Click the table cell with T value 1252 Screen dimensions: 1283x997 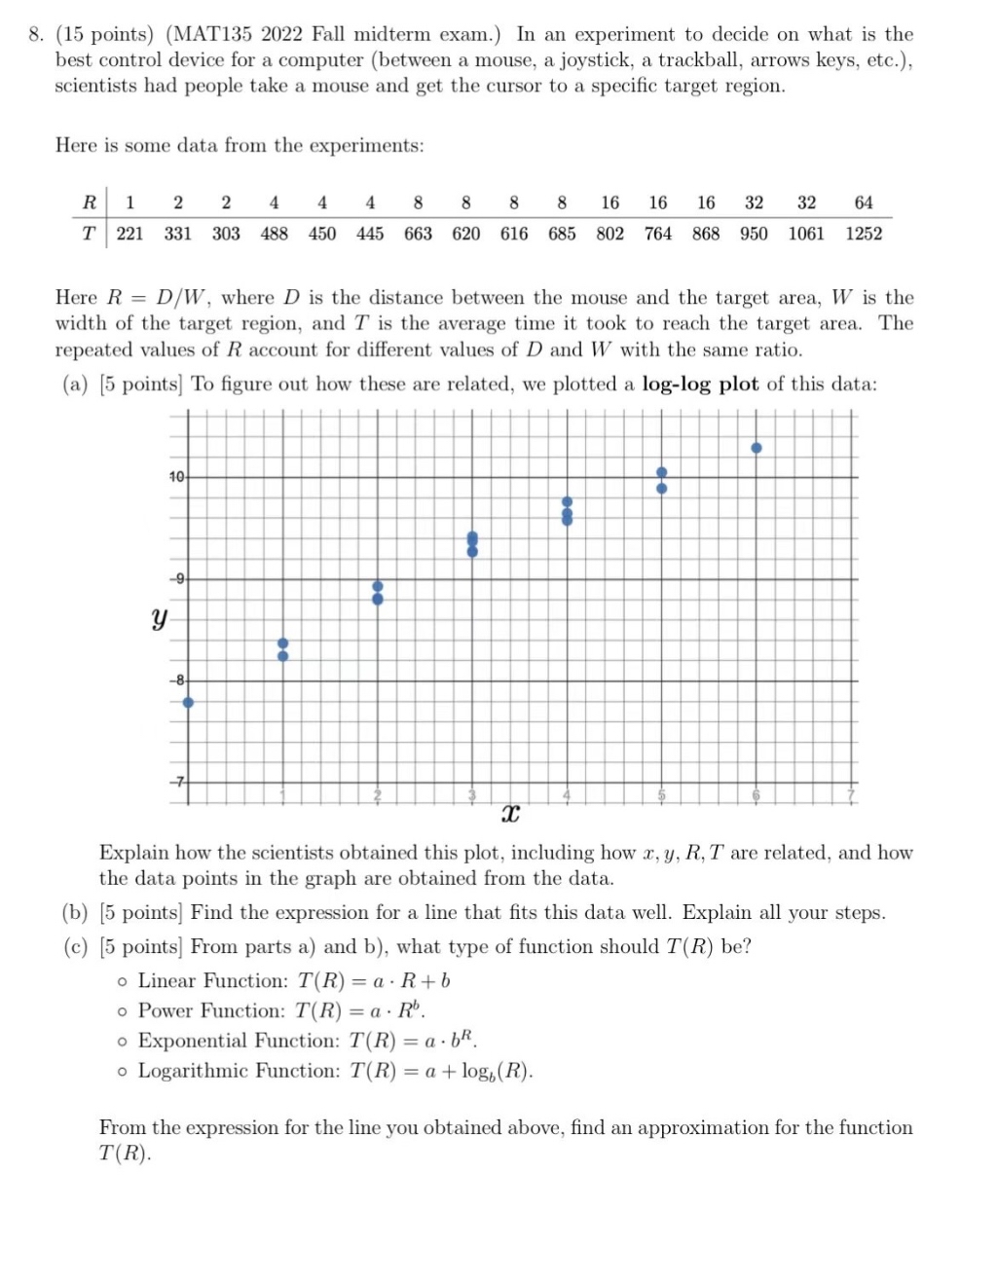coord(863,234)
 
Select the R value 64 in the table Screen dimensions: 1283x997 coord(863,202)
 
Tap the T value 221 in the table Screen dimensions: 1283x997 coord(129,234)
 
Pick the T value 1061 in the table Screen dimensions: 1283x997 coord(805,234)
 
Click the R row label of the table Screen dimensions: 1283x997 coord(90,202)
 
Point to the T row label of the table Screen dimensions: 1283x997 coord(90,234)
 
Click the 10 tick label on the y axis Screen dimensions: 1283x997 coord(175,477)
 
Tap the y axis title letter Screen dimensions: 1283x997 coord(159,618)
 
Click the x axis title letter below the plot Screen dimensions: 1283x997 coord(509,813)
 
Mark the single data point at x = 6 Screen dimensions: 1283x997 coord(757,448)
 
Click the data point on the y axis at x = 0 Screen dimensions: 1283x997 coord(188,702)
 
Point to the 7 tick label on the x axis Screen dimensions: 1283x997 coord(851,796)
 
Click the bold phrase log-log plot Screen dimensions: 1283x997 coord(700,384)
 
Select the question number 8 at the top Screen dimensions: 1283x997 coord(35,35)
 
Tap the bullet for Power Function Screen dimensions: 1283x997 coord(122,1011)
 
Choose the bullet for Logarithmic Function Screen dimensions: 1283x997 coord(122,1072)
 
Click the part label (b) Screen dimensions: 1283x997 coord(75,913)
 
